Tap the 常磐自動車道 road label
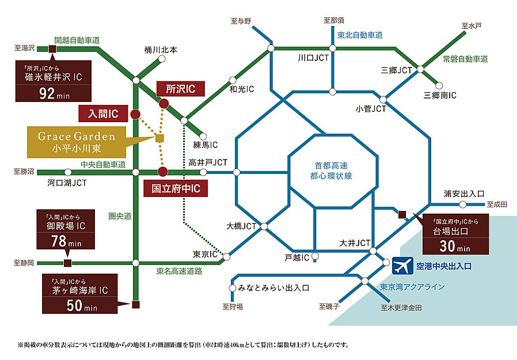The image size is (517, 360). [x=465, y=59]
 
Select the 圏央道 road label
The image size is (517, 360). [x=120, y=216]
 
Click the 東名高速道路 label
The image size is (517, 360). [x=179, y=271]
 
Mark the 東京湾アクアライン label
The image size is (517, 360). [x=412, y=286]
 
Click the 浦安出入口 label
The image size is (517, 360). [x=465, y=194]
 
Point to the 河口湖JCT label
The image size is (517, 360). [x=67, y=183]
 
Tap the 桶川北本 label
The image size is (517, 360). [x=161, y=50]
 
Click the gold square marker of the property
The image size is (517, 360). [x=159, y=138]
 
